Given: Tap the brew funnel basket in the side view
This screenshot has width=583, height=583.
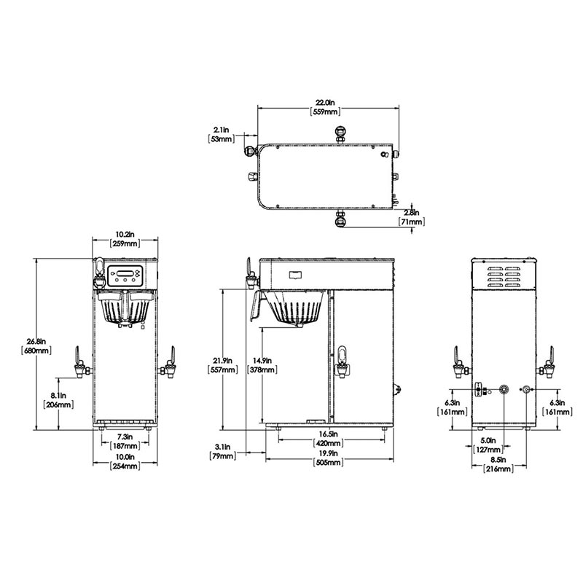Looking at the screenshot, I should [x=297, y=310].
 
